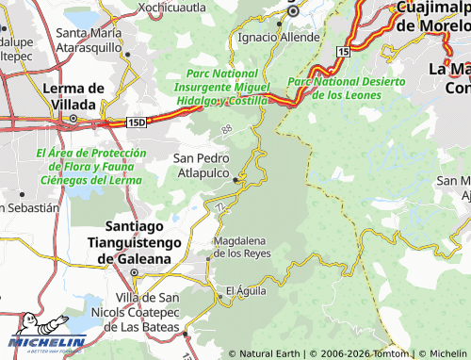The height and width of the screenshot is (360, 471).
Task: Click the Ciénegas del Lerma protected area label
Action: tap(89, 166)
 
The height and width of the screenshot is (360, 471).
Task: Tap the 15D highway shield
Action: tap(138, 122)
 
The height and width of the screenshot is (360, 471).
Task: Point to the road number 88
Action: tap(226, 130)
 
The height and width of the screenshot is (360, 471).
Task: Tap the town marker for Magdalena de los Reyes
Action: tap(210, 256)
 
